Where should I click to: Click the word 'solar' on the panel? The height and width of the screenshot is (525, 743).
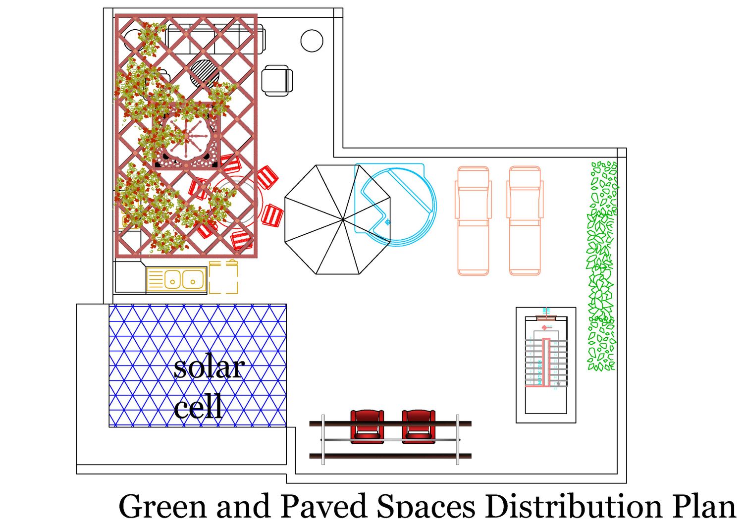[x=209, y=367]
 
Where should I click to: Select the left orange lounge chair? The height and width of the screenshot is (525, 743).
[x=473, y=221]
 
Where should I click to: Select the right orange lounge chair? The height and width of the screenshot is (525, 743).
[x=525, y=221]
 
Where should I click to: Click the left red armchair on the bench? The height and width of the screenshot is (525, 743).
[x=367, y=426]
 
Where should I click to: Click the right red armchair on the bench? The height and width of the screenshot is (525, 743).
[x=419, y=426]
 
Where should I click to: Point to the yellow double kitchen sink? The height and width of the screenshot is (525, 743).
[x=176, y=280]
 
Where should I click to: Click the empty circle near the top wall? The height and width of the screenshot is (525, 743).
[x=312, y=41]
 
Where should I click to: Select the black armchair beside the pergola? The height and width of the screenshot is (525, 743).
[x=277, y=80]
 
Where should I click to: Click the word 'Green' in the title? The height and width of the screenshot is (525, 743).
[x=162, y=507]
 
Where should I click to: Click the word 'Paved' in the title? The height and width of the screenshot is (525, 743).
[x=324, y=507]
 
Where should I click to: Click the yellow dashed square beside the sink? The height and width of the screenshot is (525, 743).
[x=223, y=277]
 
